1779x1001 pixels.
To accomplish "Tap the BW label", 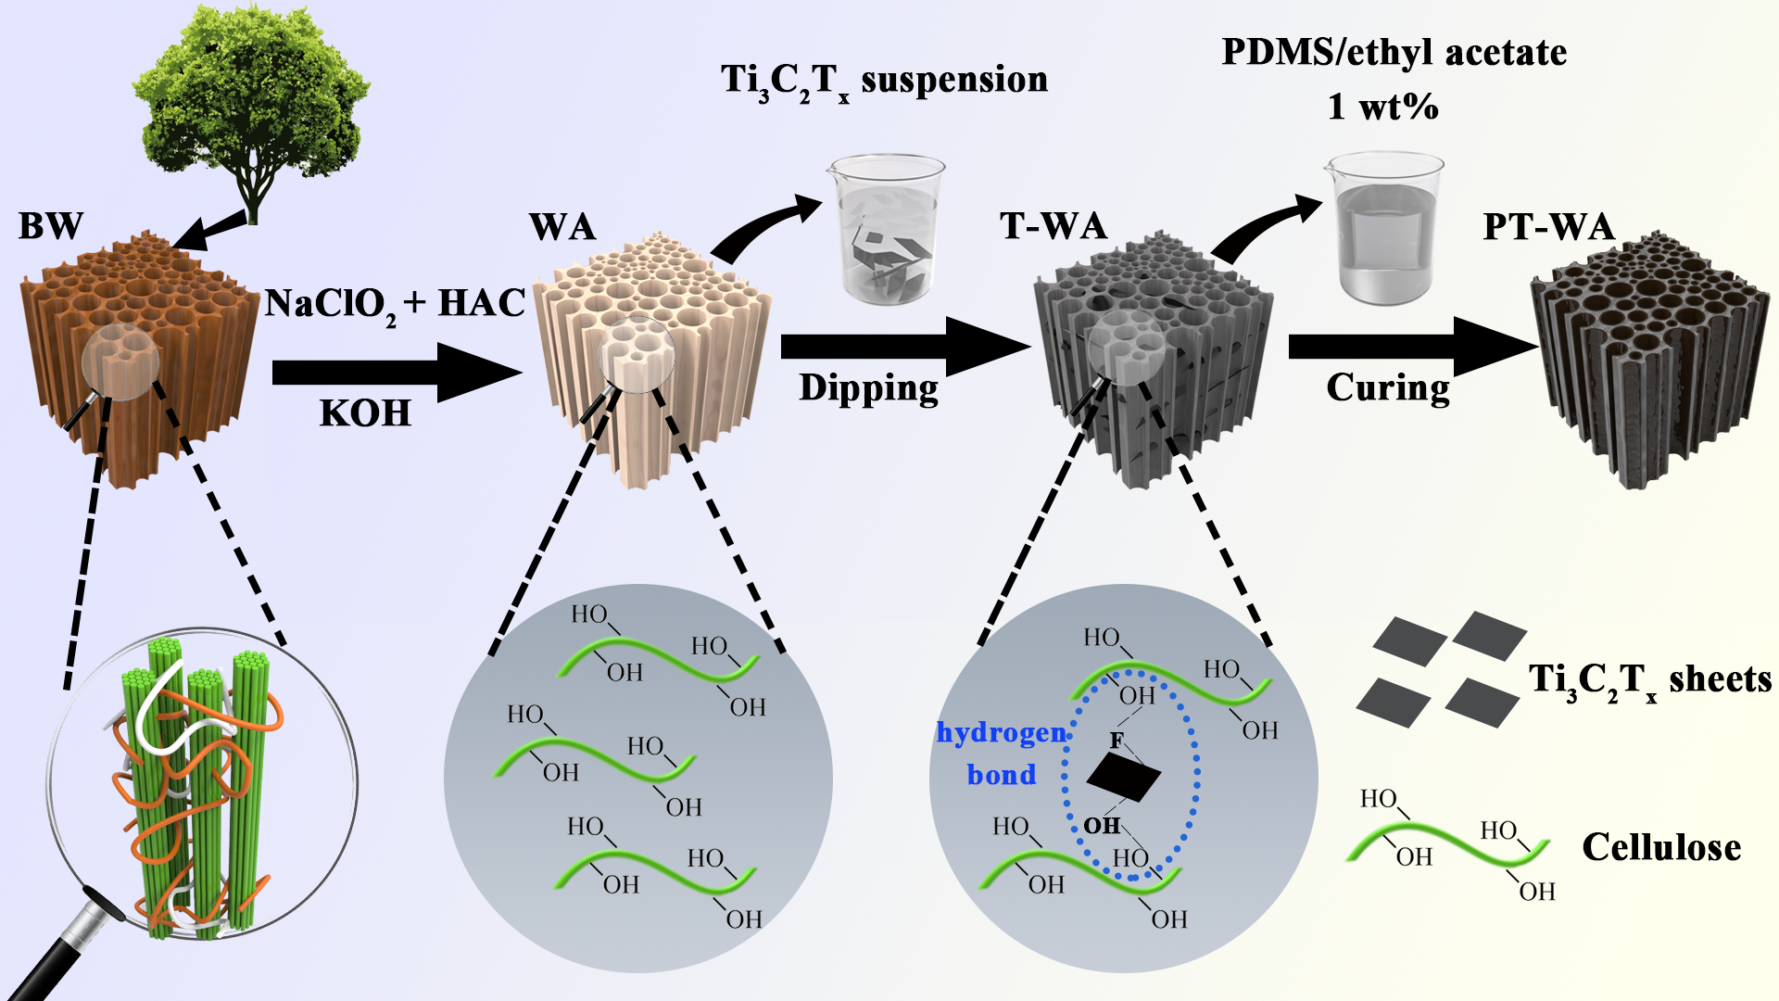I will click(51, 226).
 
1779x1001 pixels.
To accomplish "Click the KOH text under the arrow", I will click(365, 413).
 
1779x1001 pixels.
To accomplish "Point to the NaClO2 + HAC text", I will click(395, 304).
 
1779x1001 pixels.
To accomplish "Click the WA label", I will click(562, 227).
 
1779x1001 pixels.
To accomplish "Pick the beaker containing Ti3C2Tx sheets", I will click(886, 232).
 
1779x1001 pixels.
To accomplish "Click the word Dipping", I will click(868, 387).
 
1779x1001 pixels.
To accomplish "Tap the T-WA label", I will click(1054, 226).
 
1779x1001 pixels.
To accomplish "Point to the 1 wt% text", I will click(1382, 108).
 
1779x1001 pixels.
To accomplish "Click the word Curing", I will click(1387, 387).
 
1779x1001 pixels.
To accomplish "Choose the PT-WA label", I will click(1548, 227).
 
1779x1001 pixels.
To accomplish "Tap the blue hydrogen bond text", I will click(1001, 753).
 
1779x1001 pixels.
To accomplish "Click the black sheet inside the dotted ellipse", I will click(1124, 776).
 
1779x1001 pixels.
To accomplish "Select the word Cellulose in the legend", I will click(1661, 847).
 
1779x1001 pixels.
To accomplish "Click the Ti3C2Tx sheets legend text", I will click(1649, 680).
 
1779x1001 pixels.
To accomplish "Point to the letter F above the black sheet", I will click(1117, 740).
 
